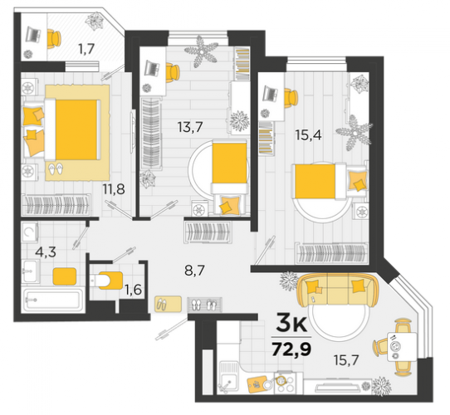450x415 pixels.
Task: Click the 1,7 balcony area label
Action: coord(86,49)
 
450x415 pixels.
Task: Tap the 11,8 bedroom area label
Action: coord(114,189)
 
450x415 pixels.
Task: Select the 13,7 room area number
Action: coord(190,126)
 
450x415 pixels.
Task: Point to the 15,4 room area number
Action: coord(309,134)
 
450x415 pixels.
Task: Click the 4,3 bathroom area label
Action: coord(46,252)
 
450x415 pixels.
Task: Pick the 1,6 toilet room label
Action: coord(133,290)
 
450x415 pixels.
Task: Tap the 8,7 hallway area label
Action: coord(194,271)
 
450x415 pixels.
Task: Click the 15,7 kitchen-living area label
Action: coord(346,360)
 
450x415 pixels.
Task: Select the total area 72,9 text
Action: coord(291,349)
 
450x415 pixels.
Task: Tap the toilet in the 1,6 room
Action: coord(106,279)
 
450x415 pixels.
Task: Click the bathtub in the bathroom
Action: coord(53,300)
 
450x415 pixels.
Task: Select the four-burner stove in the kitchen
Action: coord(286,383)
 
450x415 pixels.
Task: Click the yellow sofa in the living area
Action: coord(337,290)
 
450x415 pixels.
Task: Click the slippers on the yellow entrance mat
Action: coord(162,304)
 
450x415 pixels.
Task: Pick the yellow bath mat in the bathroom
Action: coord(65,276)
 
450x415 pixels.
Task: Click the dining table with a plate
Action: coord(402,347)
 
